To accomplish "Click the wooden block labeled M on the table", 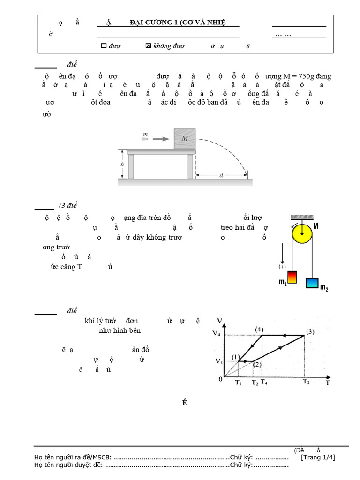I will pyautogui.click(x=184, y=139).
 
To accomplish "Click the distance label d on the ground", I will pyautogui.click(x=221, y=175).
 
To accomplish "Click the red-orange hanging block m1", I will pyautogui.click(x=293, y=278).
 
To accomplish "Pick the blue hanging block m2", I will pyautogui.click(x=312, y=283).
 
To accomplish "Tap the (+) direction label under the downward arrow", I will pyautogui.click(x=282, y=267).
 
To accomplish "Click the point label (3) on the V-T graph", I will pyautogui.click(x=310, y=332).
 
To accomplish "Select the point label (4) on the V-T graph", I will pyautogui.click(x=259, y=330).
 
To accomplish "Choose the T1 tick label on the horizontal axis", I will pyautogui.click(x=238, y=383).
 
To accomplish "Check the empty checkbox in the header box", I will pyautogui.click(x=104, y=46).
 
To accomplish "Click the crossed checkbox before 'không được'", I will pyautogui.click(x=149, y=46).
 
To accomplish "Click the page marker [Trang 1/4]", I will pyautogui.click(x=318, y=457).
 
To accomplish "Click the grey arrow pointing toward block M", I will pyautogui.click(x=161, y=139).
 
